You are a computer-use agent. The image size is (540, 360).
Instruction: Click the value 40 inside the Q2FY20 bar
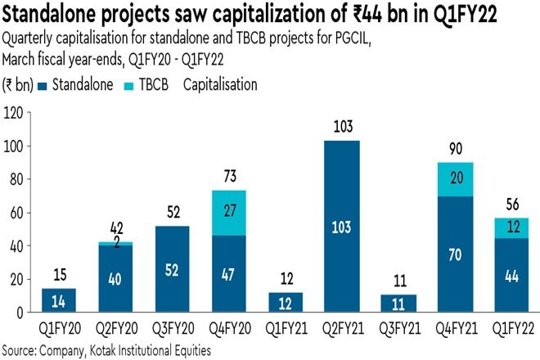tap(115, 278)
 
